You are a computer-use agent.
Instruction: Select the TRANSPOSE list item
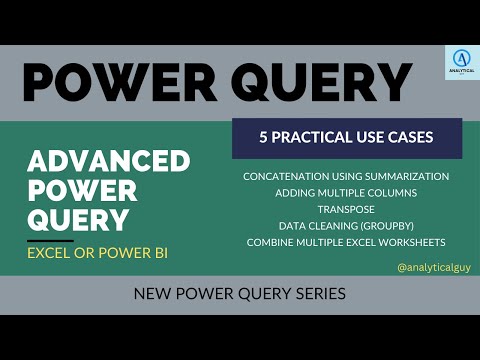(345, 209)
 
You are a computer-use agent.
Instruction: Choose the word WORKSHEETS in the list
(410, 243)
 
